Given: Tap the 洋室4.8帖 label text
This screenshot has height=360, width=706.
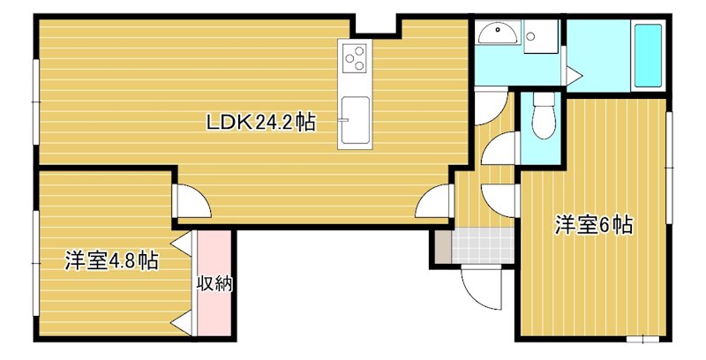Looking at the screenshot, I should [x=111, y=260].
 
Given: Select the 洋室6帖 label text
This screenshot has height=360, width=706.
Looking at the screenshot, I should [x=593, y=225].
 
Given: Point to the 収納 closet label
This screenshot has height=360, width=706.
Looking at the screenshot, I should [x=214, y=284].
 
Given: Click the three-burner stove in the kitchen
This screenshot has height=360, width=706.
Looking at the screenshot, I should [x=355, y=58].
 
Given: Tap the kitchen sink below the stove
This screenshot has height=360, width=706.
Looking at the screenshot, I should [x=355, y=118].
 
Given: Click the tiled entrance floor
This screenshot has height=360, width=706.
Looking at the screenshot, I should [x=482, y=246].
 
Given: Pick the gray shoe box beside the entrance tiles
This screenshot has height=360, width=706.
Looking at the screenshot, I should [x=440, y=247].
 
